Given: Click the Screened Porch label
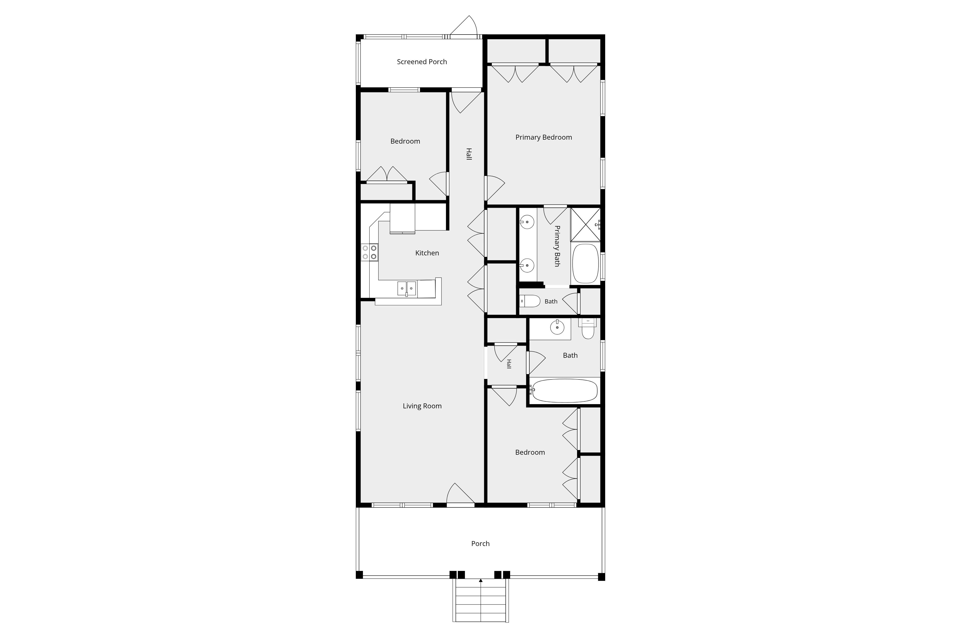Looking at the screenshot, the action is [x=422, y=62].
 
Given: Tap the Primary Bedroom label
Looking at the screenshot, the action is [x=544, y=137].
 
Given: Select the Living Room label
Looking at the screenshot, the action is [x=422, y=406].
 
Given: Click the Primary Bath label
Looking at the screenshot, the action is [x=557, y=246].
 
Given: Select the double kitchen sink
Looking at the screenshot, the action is [x=407, y=288].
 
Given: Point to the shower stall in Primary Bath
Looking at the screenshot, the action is [x=585, y=225].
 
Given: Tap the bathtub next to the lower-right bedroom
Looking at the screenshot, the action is [x=564, y=391].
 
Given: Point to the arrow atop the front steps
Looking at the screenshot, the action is [x=481, y=580].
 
